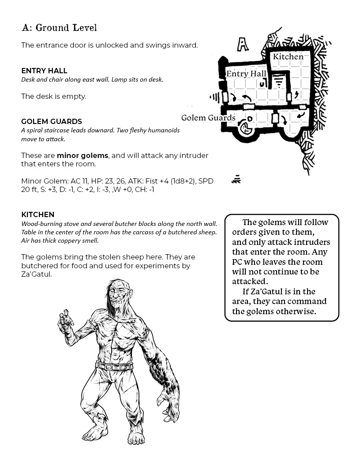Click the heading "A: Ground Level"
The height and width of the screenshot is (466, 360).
point(59,28)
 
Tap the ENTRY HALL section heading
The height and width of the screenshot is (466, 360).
point(44,71)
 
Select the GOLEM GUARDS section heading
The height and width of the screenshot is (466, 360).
point(52,121)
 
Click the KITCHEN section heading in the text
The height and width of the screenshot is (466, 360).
point(37,214)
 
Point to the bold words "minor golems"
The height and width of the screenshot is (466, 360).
point(82,155)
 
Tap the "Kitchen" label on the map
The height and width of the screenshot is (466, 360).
point(288,56)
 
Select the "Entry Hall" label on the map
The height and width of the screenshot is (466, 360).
point(246,74)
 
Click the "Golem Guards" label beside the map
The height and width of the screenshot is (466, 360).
point(208,118)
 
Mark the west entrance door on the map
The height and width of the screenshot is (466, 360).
point(225,97)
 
